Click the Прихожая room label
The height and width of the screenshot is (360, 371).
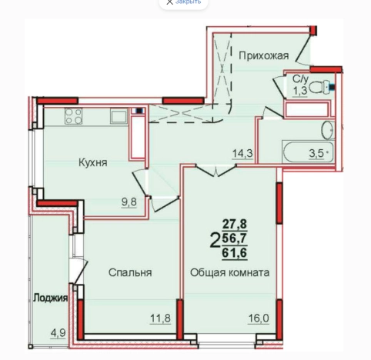point(263,55)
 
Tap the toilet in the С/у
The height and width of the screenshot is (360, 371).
point(329,86)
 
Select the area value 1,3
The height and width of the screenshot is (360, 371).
point(300,91)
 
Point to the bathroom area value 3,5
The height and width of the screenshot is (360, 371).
point(316,152)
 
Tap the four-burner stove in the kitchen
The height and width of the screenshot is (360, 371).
point(75,118)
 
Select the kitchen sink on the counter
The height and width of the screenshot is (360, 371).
point(118,117)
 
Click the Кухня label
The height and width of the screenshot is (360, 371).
point(92,162)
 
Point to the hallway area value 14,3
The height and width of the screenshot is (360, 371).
point(242,153)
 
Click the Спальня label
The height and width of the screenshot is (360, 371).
point(129,272)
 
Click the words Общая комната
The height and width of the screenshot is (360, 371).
point(229,272)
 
